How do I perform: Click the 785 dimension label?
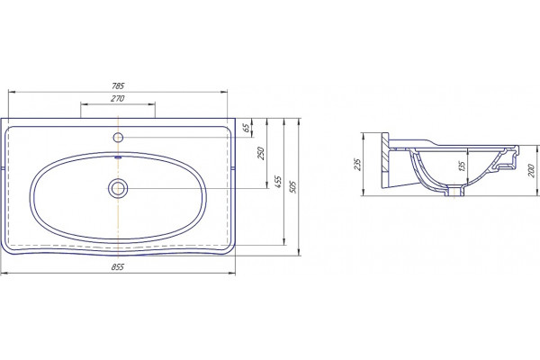[118, 85]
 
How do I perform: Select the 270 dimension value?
[117, 98]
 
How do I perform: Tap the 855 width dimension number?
[117, 267]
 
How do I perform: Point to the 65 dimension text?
[246, 128]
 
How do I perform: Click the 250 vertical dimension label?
[260, 154]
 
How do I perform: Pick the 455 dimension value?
[278, 182]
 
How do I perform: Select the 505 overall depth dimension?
[293, 186]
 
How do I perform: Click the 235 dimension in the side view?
[357, 165]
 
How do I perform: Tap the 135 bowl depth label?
[463, 166]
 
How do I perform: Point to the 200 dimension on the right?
[531, 170]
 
